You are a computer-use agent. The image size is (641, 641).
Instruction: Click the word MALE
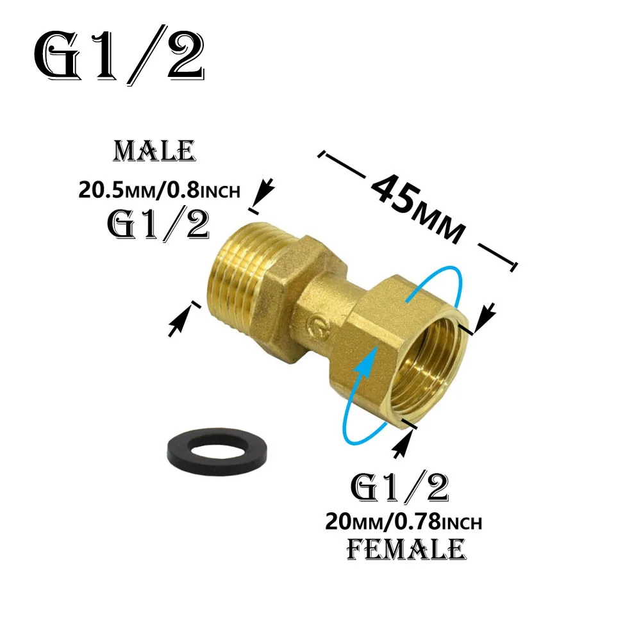(x=154, y=152)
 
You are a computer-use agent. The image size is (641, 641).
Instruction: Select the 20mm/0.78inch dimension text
(x=404, y=522)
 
